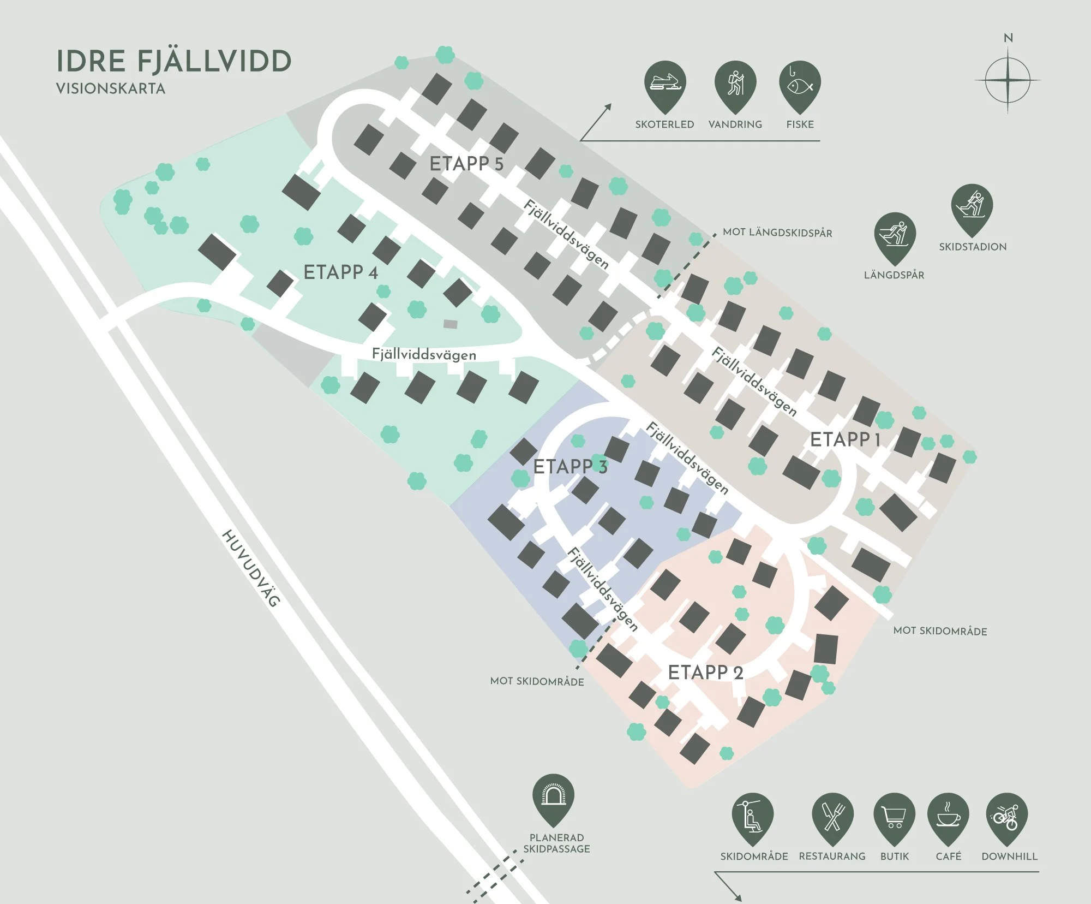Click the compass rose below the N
pyautogui.click(x=1008, y=80)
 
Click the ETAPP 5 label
pyautogui.click(x=466, y=164)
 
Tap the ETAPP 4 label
pyautogui.click(x=340, y=272)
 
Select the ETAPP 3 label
pyautogui.click(x=570, y=467)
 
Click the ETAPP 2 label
pyautogui.click(x=705, y=673)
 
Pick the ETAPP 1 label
pyautogui.click(x=845, y=439)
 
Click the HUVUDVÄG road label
pyautogui.click(x=251, y=568)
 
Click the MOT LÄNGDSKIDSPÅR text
pyautogui.click(x=777, y=233)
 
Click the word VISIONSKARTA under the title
pyautogui.click(x=111, y=89)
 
